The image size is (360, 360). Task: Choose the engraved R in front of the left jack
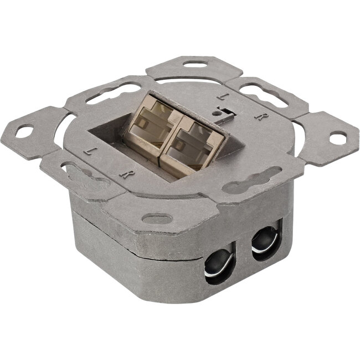click(x=125, y=174)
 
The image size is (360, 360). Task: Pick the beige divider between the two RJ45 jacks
click(x=159, y=145)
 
